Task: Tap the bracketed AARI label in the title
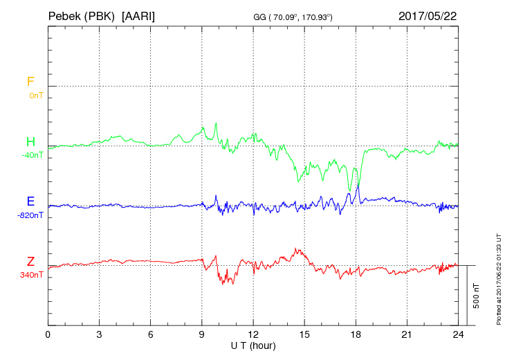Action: (x=138, y=15)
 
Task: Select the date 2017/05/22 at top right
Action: (x=428, y=15)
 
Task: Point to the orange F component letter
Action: (x=30, y=82)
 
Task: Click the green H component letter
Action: (x=30, y=142)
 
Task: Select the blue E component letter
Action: (x=30, y=202)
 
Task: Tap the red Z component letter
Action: (x=30, y=262)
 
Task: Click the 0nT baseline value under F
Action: (x=36, y=96)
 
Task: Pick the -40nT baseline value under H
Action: (x=32, y=155)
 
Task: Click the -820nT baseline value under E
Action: (x=30, y=215)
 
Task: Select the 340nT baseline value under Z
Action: (x=32, y=275)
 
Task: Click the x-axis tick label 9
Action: (x=202, y=334)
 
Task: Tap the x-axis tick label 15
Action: (x=304, y=334)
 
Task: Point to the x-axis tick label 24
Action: (x=458, y=334)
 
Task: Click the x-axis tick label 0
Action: (x=48, y=334)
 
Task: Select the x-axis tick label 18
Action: (x=356, y=334)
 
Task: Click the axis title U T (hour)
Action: (x=253, y=345)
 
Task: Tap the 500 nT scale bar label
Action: (x=476, y=296)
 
